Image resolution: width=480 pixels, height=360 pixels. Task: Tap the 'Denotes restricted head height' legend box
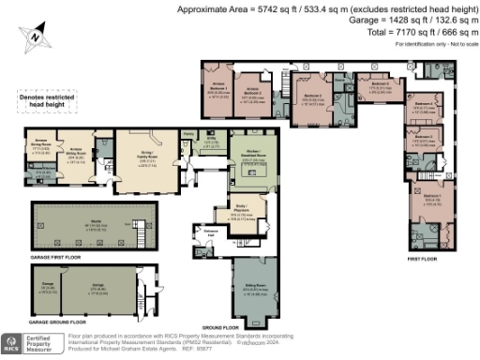[x=44, y=101]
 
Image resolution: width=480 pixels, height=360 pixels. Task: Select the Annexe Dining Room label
[x=41, y=147]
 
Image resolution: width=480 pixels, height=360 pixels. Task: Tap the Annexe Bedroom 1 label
[x=217, y=92]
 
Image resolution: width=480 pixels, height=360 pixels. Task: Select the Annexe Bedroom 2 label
[x=249, y=95]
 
